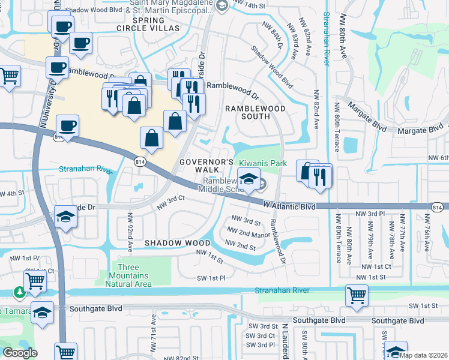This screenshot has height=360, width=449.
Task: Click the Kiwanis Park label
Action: (263, 163)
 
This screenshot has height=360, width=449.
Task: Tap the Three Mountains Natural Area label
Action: (131, 275)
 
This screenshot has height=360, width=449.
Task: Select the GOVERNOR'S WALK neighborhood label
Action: (206, 166)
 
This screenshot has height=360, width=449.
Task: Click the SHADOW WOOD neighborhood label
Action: (177, 243)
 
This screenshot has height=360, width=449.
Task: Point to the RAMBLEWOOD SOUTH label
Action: (256, 112)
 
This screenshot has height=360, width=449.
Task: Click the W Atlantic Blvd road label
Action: (289, 206)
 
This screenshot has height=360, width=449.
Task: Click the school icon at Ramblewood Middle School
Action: (248, 179)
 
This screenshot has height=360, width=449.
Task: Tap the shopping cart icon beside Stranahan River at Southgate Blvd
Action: (357, 295)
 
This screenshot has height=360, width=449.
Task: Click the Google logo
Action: (20, 353)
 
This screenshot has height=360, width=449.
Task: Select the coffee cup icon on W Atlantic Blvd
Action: (67, 125)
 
